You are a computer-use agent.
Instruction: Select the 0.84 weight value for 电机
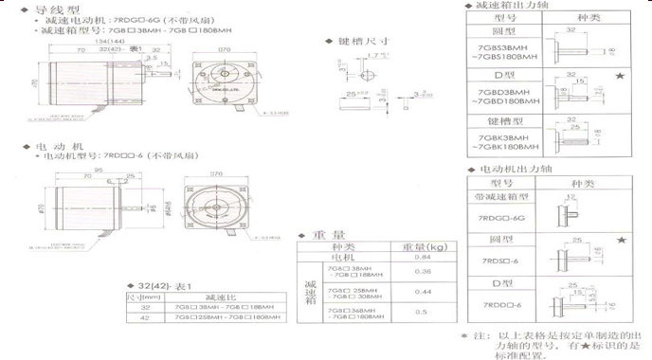(424, 257)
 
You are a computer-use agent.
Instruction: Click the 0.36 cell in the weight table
(424, 272)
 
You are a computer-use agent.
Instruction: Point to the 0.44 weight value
(424, 292)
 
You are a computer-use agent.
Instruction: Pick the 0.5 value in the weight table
(424, 312)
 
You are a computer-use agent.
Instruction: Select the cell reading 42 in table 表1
(145, 318)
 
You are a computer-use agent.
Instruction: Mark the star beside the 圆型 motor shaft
(621, 242)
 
